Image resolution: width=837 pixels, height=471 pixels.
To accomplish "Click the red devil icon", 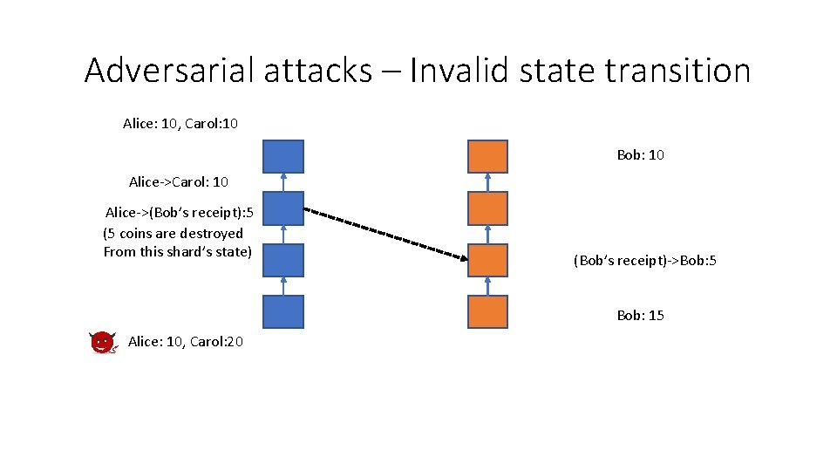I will coord(103,343).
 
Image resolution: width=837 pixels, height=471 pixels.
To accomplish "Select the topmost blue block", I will coord(283,156).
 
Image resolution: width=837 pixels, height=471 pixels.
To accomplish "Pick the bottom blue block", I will coord(283,311).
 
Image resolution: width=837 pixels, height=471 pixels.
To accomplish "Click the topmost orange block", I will coord(487,156).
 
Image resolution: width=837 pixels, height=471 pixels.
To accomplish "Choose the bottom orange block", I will coord(487,311).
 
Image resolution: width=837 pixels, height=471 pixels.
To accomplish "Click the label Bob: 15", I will coord(640,316).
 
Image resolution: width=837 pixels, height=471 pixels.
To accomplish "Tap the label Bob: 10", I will coord(640,155).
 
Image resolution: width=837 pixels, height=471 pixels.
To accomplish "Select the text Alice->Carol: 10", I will coord(179,182).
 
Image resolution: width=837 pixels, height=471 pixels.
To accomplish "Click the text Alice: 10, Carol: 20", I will coord(185,342).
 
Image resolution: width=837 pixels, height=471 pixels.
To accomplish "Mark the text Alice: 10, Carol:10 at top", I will coord(180,124).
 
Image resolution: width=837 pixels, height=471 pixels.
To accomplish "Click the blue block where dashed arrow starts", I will coord(283,208).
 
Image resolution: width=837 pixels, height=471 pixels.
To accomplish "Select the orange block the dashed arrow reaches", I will coord(487,260).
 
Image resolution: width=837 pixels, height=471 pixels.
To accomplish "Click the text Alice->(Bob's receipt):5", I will coord(180,213).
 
